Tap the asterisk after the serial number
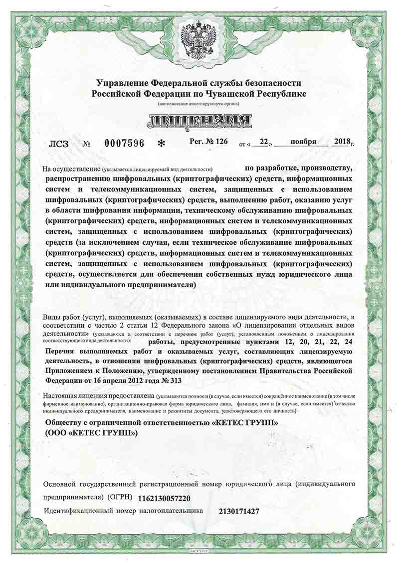pos(161,144)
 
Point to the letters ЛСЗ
pos(59,144)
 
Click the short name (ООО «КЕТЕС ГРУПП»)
pos(91,433)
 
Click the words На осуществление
pos(71,169)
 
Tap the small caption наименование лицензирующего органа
pos(199,103)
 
